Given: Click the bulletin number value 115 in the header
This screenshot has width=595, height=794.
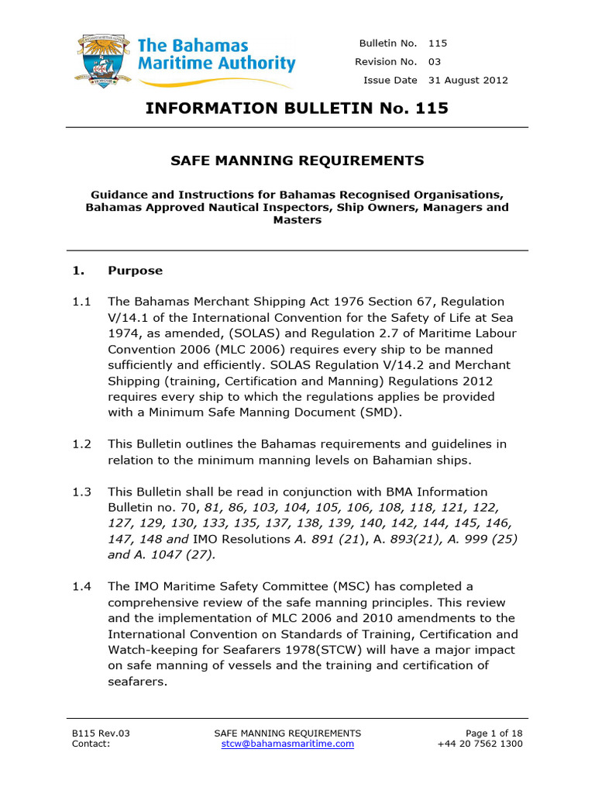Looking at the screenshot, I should click(438, 43).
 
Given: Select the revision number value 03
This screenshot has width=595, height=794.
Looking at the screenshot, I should click(435, 62).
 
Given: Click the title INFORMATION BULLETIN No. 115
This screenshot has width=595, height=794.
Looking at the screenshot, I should click(297, 108).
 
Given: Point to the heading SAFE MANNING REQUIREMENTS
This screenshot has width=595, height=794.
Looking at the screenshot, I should click(297, 161).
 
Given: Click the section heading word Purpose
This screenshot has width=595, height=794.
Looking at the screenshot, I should click(136, 271).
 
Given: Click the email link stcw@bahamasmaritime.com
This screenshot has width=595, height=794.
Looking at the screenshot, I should click(287, 744).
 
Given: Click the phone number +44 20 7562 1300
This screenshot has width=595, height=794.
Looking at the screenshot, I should click(480, 744).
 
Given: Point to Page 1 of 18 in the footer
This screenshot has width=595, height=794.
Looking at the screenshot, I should click(494, 733).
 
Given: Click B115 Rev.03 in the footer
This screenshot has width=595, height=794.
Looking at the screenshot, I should click(96, 733).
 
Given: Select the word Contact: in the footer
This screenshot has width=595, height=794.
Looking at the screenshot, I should click(91, 744).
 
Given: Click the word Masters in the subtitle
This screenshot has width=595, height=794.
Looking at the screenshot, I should click(297, 220).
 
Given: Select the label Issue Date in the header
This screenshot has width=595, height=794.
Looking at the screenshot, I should click(390, 81).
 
